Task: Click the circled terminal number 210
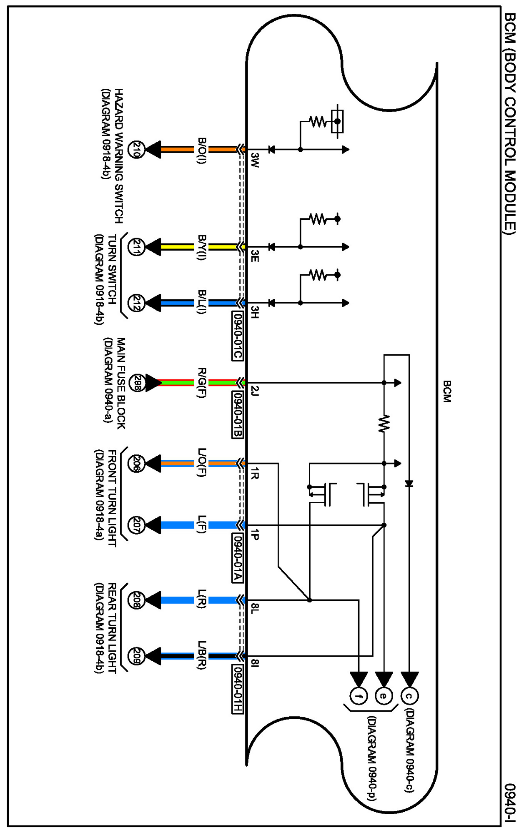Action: point(136,149)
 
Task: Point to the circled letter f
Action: point(359,695)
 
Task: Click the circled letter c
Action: point(409,695)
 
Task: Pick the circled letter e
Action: point(384,695)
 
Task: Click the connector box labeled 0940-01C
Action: point(237,335)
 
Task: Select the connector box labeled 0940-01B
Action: point(237,414)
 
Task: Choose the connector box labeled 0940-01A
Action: point(237,557)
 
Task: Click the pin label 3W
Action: point(255,160)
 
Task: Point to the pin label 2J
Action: point(255,391)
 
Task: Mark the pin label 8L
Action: point(255,608)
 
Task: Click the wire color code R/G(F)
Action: point(201,383)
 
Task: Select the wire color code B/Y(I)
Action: point(201,247)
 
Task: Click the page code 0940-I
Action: point(510,803)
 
